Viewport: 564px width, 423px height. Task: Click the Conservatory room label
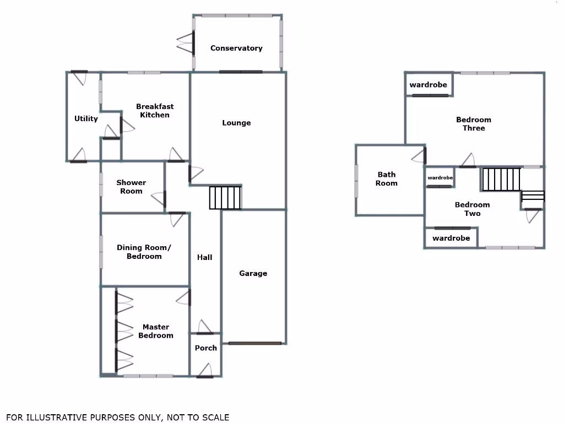pos(236,48)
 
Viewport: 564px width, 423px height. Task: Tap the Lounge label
pos(236,123)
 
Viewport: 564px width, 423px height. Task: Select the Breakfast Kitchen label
pos(155,111)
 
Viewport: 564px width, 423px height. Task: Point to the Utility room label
pos(86,119)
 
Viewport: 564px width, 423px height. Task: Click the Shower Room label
pos(131,187)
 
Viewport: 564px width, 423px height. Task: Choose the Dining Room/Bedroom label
pos(144,252)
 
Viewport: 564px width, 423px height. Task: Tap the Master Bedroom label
pos(156,331)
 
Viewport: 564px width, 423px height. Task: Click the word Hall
pos(204,257)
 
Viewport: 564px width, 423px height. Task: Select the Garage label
pos(253,273)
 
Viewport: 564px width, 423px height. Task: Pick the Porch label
pos(206,348)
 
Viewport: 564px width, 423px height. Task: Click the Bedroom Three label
pos(474,124)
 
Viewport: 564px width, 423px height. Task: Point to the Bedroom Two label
pos(472,209)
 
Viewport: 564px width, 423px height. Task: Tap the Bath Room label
pos(386,179)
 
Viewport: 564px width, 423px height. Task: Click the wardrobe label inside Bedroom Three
pos(428,85)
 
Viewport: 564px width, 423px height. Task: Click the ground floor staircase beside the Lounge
pos(225,198)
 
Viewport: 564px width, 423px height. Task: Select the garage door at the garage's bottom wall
pos(255,344)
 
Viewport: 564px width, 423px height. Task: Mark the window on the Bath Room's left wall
pos(356,181)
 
